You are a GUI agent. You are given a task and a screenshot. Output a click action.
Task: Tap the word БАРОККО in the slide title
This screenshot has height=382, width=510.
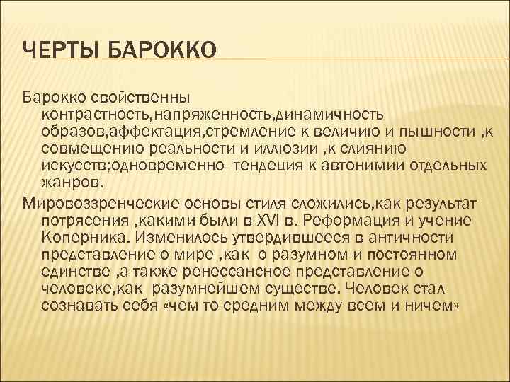(161, 52)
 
